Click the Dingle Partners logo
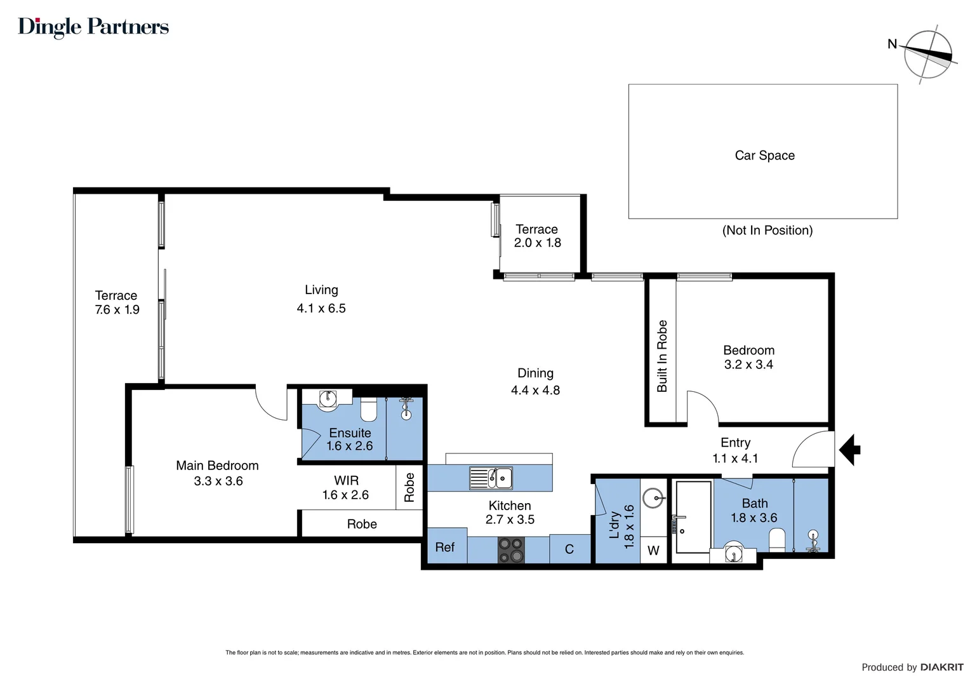click(93, 27)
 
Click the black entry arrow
click(849, 450)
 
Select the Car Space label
click(764, 156)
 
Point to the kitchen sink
click(491, 478)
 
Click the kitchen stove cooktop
click(511, 550)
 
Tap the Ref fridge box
click(446, 548)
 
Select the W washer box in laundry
click(653, 551)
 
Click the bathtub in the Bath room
click(693, 516)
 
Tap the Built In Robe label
click(662, 356)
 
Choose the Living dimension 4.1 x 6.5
click(321, 309)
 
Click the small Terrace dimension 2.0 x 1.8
click(537, 243)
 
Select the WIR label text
click(346, 481)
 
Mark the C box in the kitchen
click(569, 549)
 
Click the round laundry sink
click(653, 497)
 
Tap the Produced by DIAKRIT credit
click(912, 667)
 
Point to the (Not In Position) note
click(767, 231)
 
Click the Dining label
click(535, 373)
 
